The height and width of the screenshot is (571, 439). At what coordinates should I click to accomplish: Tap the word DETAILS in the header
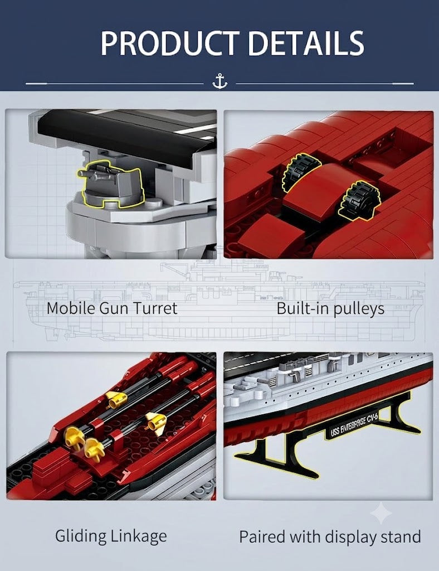(x=306, y=43)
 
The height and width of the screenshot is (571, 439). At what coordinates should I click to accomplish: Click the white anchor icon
(x=219, y=81)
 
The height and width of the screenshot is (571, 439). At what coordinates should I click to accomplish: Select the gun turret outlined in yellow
(x=111, y=184)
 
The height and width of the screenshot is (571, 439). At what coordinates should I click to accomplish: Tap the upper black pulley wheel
(x=301, y=172)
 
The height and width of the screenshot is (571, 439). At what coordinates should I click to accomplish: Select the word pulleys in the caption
(x=359, y=309)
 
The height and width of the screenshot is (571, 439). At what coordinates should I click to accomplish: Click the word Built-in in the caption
(x=303, y=308)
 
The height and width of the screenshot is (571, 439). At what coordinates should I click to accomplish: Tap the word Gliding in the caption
(x=80, y=536)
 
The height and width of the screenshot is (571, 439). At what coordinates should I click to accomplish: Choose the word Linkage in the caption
(x=139, y=536)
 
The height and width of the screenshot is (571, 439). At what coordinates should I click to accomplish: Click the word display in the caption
(x=351, y=538)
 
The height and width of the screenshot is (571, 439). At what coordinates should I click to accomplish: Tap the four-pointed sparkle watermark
(x=381, y=513)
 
